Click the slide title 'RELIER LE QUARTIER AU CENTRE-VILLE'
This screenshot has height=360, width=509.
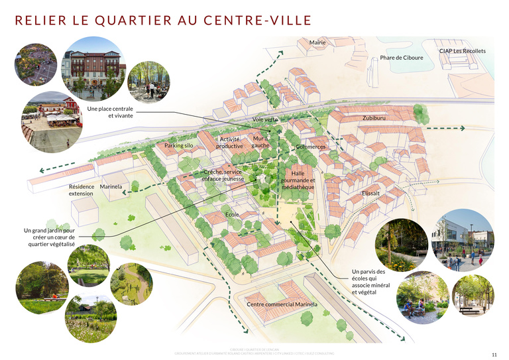(x=163, y=20)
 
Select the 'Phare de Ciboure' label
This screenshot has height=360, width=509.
(x=401, y=58)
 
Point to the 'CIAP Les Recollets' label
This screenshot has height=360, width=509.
(x=462, y=51)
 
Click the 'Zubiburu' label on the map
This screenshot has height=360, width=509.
(x=375, y=118)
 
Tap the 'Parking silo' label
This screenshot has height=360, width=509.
(x=179, y=145)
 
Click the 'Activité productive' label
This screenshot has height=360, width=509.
(x=230, y=143)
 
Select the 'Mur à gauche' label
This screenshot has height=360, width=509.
(x=261, y=142)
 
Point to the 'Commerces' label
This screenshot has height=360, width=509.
(x=311, y=147)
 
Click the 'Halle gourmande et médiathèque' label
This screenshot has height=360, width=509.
(x=298, y=180)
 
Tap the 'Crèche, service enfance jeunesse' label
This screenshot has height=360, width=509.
(x=223, y=175)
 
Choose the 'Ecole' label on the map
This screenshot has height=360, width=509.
(x=232, y=215)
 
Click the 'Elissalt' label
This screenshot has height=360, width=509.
(x=370, y=193)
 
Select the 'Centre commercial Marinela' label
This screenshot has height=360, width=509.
(x=282, y=304)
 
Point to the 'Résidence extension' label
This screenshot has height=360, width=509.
(x=82, y=190)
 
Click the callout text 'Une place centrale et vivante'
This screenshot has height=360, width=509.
(x=110, y=111)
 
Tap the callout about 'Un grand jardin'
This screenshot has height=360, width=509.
(x=49, y=237)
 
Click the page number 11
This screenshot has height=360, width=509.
(x=494, y=354)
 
